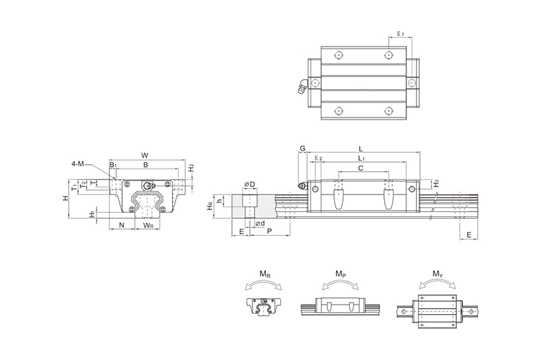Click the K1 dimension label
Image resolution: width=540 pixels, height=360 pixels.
click(400, 34)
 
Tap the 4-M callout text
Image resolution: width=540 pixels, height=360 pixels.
click(78, 164)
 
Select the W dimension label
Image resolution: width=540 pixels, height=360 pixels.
click(145, 155)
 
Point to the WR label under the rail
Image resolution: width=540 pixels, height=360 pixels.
click(148, 226)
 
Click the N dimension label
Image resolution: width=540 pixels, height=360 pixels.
click(122, 226)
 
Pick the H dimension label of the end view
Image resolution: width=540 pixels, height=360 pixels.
click(65, 198)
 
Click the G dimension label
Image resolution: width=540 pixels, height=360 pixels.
click(302, 149)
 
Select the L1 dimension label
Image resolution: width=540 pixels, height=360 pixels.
click(361, 159)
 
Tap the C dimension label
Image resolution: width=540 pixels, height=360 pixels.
click(360, 168)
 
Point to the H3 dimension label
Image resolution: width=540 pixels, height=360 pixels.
click(436, 184)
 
